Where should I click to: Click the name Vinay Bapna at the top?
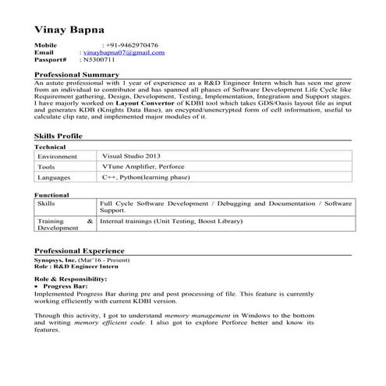69,28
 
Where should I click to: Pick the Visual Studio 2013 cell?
131,156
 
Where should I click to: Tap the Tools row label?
46,167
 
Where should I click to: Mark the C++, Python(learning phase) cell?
144,178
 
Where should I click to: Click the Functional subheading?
52,194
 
